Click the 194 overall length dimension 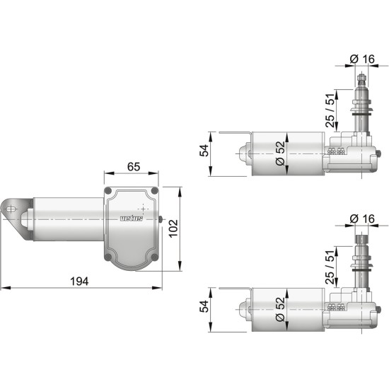point(80,281)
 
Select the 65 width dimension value point(132,168)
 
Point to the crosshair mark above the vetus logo point(143,209)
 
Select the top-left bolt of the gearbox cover point(108,192)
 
